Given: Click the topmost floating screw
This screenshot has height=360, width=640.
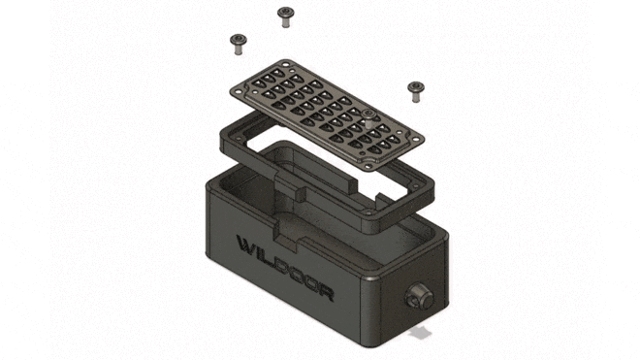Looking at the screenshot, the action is click(x=285, y=16).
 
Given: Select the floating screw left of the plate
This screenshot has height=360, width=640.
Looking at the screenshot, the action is click(x=239, y=44).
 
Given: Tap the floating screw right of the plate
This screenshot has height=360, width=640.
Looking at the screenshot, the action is click(x=416, y=91).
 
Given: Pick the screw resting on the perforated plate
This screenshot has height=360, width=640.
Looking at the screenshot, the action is click(x=369, y=117).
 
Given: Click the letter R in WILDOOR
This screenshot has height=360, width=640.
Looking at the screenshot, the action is click(x=326, y=292).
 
